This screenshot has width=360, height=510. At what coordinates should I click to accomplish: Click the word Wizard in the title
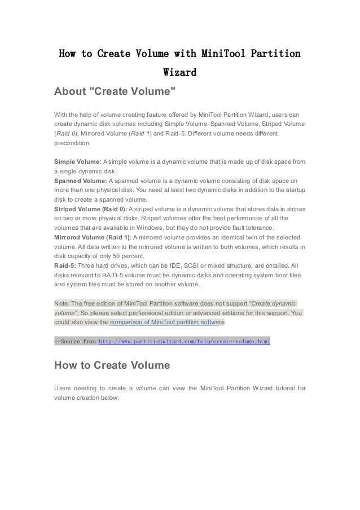[179, 73]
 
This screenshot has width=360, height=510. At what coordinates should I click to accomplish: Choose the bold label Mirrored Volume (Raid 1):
[93, 236]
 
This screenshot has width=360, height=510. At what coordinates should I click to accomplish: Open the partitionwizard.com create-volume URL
[185, 341]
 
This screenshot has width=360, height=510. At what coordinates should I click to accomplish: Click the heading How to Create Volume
[112, 365]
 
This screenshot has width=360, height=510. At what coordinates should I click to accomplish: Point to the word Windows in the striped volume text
[149, 227]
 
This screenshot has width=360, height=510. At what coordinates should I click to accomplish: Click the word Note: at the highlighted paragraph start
[62, 302]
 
